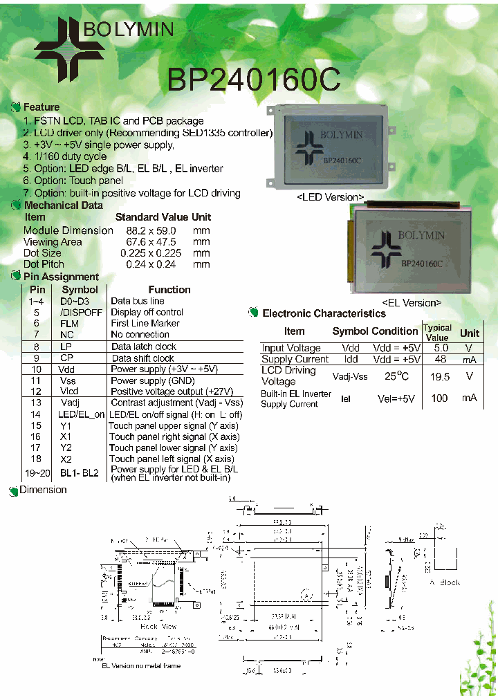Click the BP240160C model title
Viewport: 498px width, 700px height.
point(253,79)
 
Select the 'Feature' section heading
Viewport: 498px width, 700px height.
point(41,107)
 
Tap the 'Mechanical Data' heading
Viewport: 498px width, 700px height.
point(63,205)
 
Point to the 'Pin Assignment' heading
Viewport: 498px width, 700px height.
point(61,277)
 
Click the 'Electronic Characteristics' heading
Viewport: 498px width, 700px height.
point(324,313)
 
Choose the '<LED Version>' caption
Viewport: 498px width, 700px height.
point(330,197)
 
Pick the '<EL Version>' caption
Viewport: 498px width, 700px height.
point(412,303)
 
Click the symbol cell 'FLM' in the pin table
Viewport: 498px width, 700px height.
point(70,323)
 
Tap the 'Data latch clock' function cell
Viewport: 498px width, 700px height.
point(144,347)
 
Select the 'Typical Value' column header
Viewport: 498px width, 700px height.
point(437,333)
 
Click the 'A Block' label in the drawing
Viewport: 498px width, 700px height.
point(444,582)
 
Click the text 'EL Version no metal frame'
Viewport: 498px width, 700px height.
point(141,665)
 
